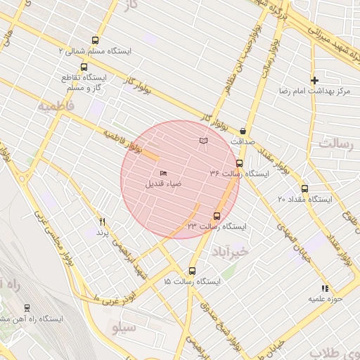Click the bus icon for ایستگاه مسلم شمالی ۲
[96, 40]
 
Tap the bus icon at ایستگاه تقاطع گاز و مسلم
[84, 67]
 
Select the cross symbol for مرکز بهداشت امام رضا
[315, 80]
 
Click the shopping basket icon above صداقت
[243, 130]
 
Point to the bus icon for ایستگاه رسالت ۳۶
[239, 164]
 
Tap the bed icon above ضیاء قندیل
[163, 173]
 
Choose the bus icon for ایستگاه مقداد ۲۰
[304, 188]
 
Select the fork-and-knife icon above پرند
[103, 221]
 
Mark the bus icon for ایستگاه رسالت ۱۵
[193, 271]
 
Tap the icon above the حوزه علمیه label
[324, 288]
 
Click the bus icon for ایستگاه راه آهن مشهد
[27, 308]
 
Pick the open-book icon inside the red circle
[204, 141]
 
